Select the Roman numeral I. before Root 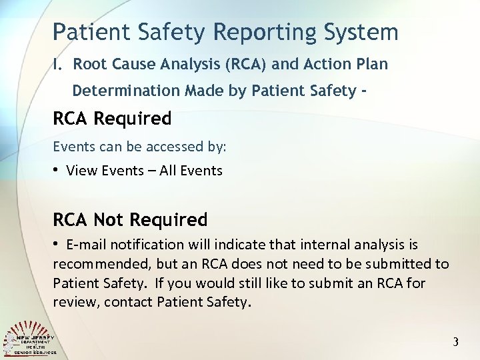point(58,65)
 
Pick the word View point(81,171)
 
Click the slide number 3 point(455,343)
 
